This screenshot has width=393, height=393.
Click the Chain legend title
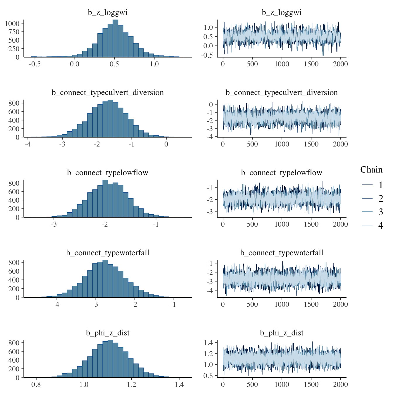coord(371,170)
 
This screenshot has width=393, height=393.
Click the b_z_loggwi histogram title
coord(108,13)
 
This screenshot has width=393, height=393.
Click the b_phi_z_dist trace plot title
coord(282,333)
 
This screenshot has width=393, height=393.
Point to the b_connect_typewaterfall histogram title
coord(108,253)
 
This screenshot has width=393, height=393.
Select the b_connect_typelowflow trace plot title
coord(282,173)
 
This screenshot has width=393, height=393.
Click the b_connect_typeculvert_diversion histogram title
coord(108,93)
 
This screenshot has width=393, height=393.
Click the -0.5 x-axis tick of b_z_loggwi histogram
coord(35,64)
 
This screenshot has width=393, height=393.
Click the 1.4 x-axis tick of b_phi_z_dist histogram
coord(179,385)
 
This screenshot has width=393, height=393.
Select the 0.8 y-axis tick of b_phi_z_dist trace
coord(209,376)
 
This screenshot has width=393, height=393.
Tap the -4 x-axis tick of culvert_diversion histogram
coord(28,144)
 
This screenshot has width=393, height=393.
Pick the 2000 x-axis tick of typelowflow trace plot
coord(340,224)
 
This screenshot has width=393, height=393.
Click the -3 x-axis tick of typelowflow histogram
coord(54,224)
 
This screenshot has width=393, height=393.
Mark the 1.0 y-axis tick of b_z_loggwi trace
coord(208,27)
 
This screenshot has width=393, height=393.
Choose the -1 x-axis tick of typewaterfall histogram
coord(173,304)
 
